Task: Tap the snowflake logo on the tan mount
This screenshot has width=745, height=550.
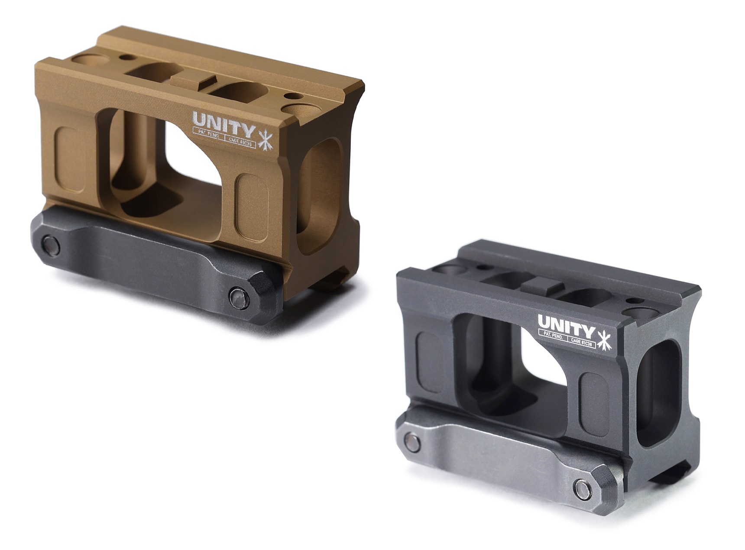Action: click(263, 138)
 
